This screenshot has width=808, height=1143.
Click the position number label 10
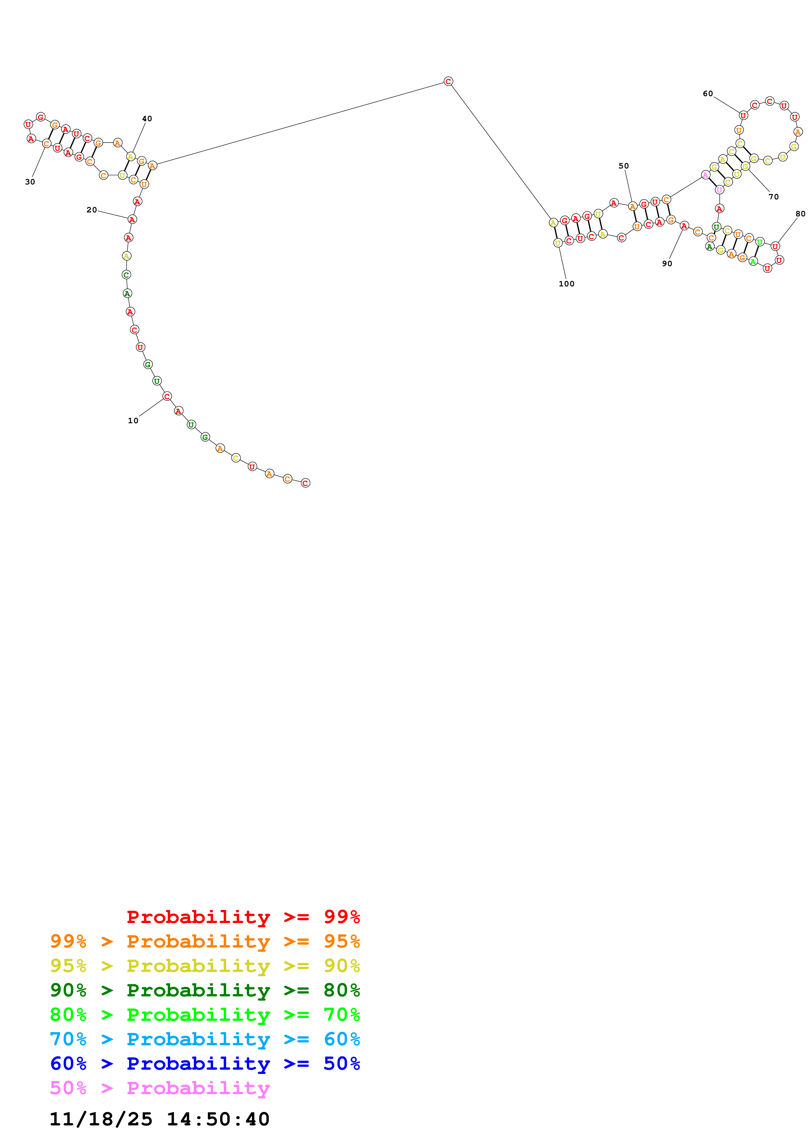click(x=133, y=421)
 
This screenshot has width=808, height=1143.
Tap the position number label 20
click(x=92, y=210)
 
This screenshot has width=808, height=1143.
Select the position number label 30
click(x=30, y=182)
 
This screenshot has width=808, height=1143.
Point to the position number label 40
click(x=147, y=119)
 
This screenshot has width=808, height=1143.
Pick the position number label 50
click(x=624, y=166)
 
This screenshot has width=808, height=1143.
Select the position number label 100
click(x=566, y=284)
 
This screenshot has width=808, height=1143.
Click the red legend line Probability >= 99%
click(x=243, y=917)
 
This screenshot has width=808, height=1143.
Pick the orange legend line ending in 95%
click(x=205, y=941)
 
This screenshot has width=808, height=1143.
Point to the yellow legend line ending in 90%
click(x=205, y=966)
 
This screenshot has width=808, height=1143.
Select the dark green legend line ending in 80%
click(x=205, y=990)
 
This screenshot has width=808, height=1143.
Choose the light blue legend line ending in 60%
click(x=205, y=1039)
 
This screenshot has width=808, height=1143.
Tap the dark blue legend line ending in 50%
click(x=205, y=1063)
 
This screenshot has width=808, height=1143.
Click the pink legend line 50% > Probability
click(x=160, y=1088)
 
